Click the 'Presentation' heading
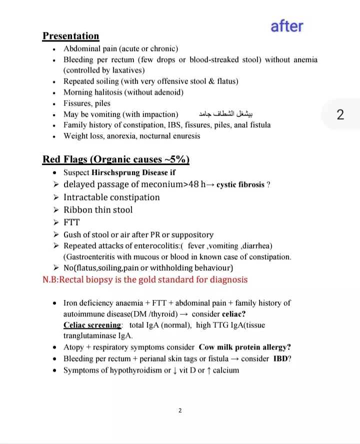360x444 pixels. tap(70, 36)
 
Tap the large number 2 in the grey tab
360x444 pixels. tap(340, 114)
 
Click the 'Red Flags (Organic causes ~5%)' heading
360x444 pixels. tap(116, 159)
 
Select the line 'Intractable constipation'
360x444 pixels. tap(111, 197)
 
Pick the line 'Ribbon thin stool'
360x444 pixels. tap(98, 209)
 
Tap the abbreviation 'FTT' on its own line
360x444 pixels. tap(71, 222)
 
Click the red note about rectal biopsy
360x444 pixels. tap(145, 279)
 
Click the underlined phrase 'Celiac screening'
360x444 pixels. tap(92, 325)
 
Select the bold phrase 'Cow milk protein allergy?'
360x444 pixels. tap(245, 347)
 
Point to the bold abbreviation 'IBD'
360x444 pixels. tap(280, 359)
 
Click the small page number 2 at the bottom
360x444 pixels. tap(180, 411)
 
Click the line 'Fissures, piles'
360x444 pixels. tap(86, 103)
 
